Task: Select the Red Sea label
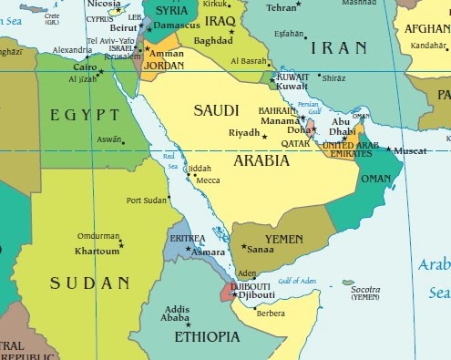click(x=171, y=159)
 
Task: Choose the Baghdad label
click(x=212, y=41)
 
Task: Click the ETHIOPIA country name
click(x=206, y=336)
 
